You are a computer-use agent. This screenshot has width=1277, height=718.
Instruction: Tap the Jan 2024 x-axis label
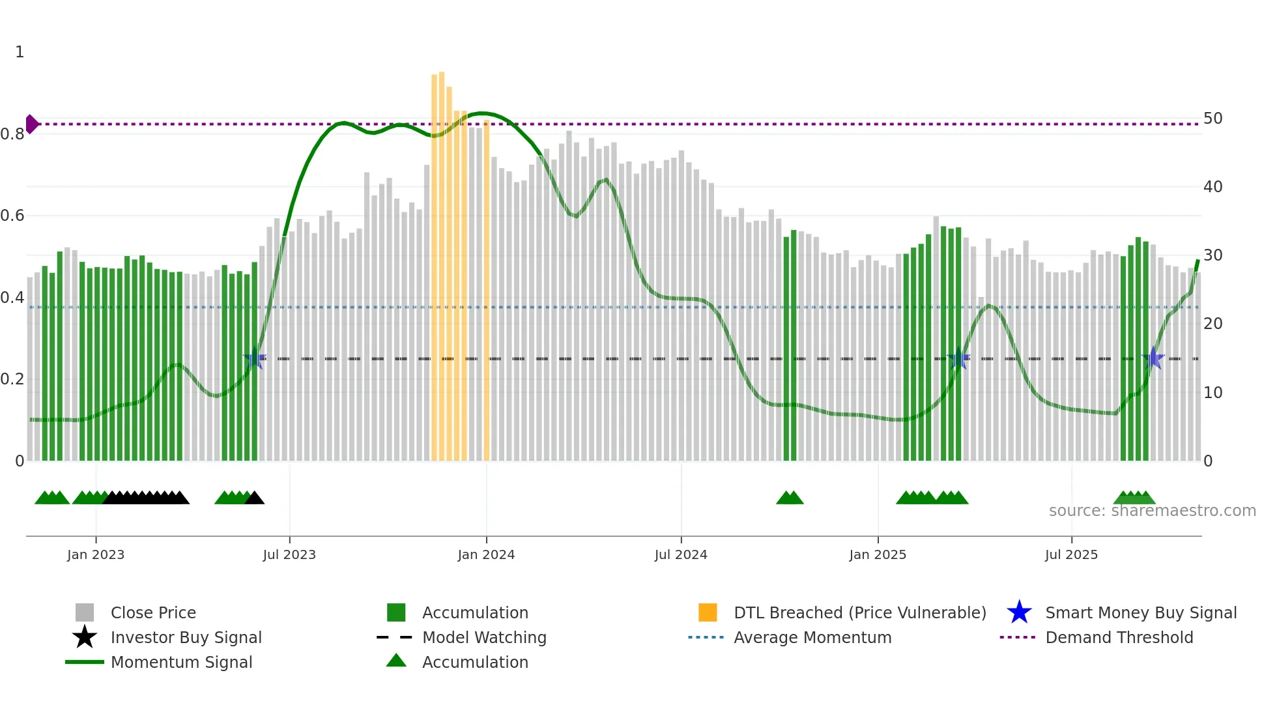[486, 555]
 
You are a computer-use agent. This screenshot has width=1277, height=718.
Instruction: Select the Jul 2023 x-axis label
[289, 555]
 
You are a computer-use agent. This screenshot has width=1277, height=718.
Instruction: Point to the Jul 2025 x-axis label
[1071, 555]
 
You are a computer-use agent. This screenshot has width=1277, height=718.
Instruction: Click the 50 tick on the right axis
[1212, 119]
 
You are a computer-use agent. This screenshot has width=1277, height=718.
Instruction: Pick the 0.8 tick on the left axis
[12, 134]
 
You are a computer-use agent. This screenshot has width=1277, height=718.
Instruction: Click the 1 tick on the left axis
[20, 52]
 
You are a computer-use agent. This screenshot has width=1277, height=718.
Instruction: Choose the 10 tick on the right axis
[1212, 393]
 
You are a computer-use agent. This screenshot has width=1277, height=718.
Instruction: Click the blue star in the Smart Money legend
[1019, 612]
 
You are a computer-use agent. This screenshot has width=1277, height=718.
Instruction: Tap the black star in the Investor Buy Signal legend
[85, 637]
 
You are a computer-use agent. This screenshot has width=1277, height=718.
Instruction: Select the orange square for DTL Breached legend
[708, 612]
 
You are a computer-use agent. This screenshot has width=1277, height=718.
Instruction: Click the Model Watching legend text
[484, 637]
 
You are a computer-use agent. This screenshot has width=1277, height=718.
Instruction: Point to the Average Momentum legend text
[812, 637]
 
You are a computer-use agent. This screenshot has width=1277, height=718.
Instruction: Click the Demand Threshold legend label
[1119, 637]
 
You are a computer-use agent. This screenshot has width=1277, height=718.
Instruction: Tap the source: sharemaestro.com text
[1152, 511]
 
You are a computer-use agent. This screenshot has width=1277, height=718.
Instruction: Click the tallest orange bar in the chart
[442, 261]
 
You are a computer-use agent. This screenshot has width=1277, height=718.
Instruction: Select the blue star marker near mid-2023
[255, 358]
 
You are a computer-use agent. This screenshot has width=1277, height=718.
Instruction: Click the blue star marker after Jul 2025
[1153, 358]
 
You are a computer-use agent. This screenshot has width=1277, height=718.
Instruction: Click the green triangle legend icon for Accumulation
[396, 661]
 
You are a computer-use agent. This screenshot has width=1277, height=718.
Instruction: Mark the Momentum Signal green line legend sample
[85, 662]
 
